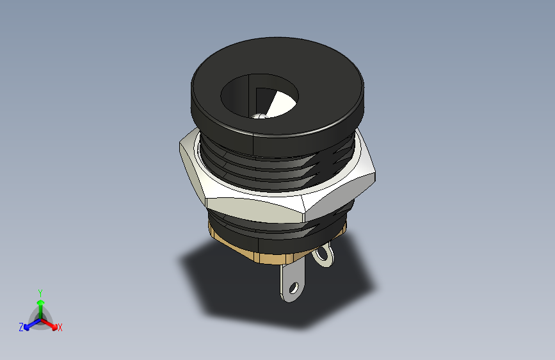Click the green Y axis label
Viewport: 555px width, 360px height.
coord(40,291)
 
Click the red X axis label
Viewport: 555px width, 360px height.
coord(60,328)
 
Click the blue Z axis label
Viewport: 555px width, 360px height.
coord(21,327)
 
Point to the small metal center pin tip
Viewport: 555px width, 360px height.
coord(260,116)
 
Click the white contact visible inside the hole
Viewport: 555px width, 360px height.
coord(280,104)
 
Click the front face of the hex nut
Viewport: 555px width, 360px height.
coord(256,208)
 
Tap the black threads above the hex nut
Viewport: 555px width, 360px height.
coord(282,170)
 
